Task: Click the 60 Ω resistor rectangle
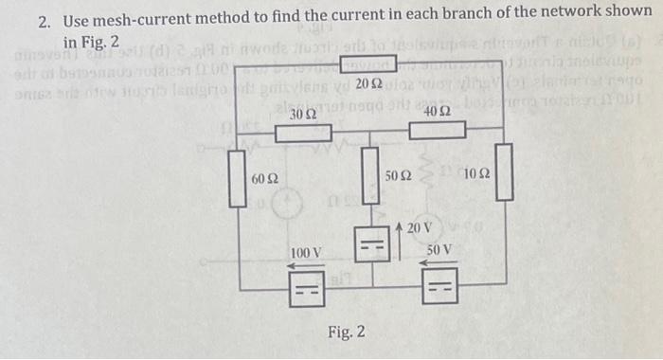tap(237, 177)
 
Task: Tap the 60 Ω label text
tap(264, 179)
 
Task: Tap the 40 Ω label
tap(438, 111)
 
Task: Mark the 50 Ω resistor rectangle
tap(370, 179)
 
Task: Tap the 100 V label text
tap(306, 254)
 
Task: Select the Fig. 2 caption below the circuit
tap(347, 333)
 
